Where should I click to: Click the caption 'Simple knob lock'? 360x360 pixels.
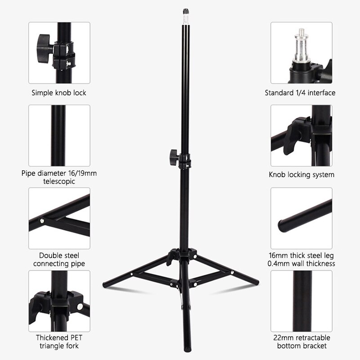coord(58,93)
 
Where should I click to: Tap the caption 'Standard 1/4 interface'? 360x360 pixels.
coord(300,93)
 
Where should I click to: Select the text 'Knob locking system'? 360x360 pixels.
coord(301,174)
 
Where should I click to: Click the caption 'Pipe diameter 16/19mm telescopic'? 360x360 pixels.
coord(58,178)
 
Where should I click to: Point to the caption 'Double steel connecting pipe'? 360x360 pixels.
coord(58,260)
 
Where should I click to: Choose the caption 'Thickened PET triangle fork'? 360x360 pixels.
coord(58,342)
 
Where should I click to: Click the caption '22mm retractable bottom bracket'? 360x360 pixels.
coord(301,342)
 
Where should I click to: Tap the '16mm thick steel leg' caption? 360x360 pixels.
coord(301,256)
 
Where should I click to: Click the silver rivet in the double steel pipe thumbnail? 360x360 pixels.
coord(42,221)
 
